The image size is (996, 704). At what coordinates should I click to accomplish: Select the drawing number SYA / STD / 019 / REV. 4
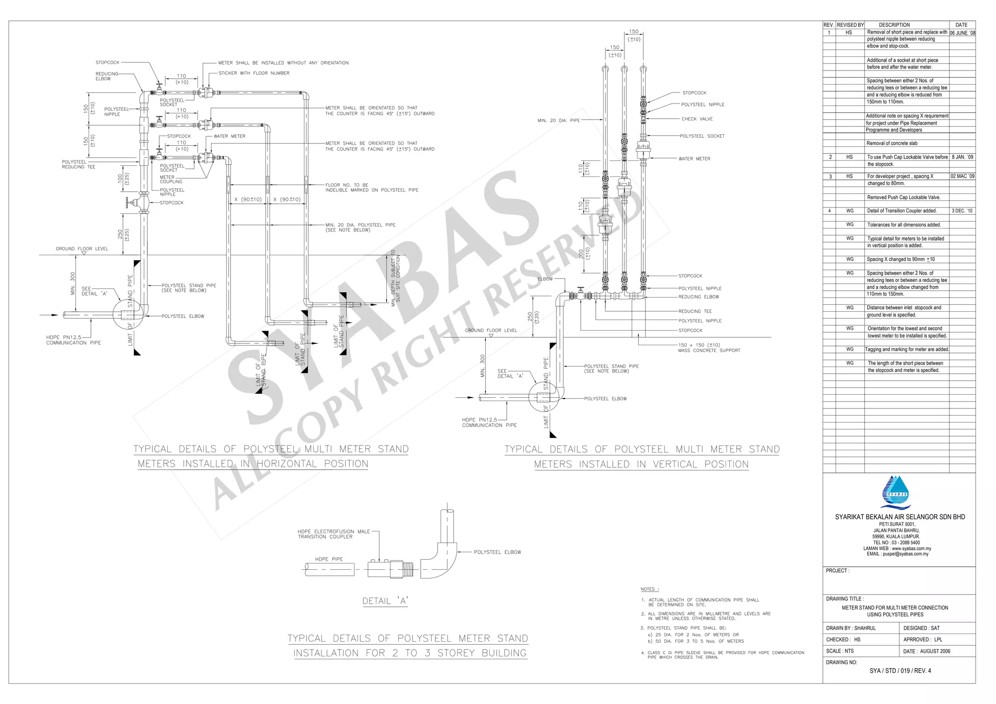pyautogui.click(x=900, y=670)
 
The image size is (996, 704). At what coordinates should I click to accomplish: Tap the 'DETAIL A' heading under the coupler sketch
pyautogui.click(x=385, y=601)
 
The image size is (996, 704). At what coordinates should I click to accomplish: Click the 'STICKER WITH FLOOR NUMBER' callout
pyautogui.click(x=253, y=73)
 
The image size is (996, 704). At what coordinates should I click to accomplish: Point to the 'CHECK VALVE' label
pyautogui.click(x=696, y=119)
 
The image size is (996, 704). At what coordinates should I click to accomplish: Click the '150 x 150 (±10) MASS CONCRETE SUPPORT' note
pyautogui.click(x=709, y=348)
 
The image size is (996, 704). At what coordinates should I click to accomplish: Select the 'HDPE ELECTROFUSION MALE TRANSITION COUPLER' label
pyautogui.click(x=334, y=534)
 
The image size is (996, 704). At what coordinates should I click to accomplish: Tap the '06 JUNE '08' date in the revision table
pyautogui.click(x=962, y=33)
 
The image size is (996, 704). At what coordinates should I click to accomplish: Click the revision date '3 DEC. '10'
pyautogui.click(x=962, y=211)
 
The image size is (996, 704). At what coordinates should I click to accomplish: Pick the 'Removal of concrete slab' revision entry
pyautogui.click(x=891, y=143)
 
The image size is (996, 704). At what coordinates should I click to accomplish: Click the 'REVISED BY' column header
pyautogui.click(x=850, y=25)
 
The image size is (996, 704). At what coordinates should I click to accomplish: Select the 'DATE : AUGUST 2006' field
pyautogui.click(x=926, y=651)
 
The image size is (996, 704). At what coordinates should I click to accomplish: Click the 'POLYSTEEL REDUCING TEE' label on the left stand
pyautogui.click(x=78, y=164)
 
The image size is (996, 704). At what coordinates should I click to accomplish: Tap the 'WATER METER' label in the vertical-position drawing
pyautogui.click(x=694, y=159)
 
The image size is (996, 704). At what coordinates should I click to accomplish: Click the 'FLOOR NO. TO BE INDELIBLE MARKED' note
pyautogui.click(x=372, y=188)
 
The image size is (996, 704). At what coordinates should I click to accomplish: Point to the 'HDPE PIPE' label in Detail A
pyautogui.click(x=329, y=559)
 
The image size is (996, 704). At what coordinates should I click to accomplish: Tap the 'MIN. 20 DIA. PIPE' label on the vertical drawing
pyautogui.click(x=558, y=121)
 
